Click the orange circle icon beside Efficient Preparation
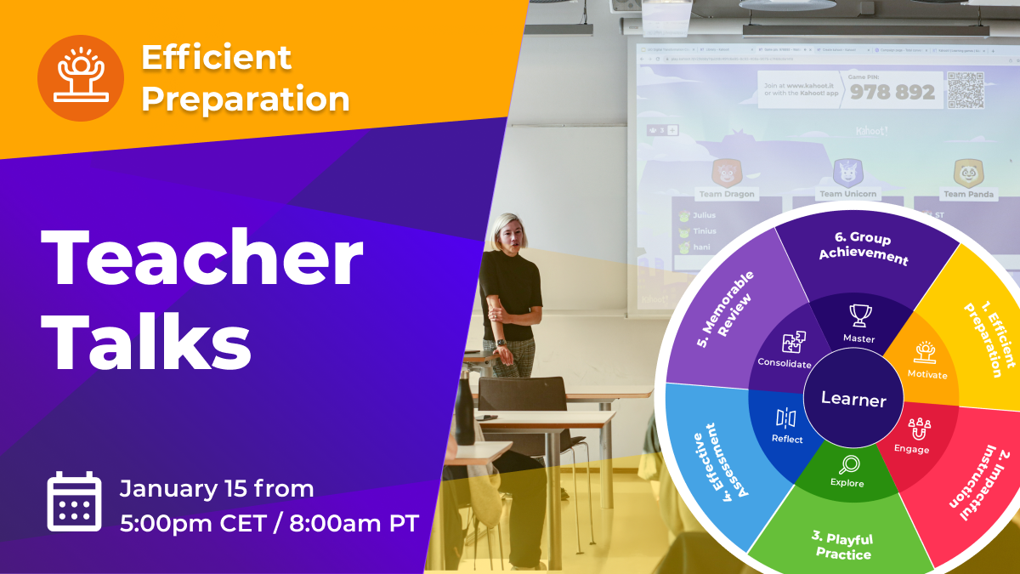click(x=81, y=78)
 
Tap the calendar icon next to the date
click(x=74, y=503)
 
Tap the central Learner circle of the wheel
click(x=853, y=400)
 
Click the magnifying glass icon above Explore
click(x=847, y=464)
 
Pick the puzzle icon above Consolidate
click(x=794, y=343)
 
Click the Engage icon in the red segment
click(x=920, y=428)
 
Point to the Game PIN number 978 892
click(x=892, y=92)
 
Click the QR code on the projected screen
click(x=965, y=90)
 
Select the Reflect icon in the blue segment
click(x=786, y=418)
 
